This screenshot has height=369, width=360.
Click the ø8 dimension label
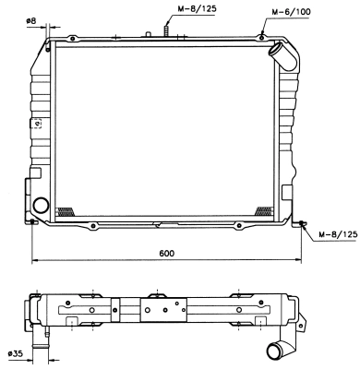point(30,20)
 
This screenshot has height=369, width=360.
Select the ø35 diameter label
point(16,353)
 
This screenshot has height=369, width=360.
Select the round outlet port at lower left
point(41,205)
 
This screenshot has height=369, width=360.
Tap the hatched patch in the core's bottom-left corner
point(65,210)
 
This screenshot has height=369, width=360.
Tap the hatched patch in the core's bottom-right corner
point(263,210)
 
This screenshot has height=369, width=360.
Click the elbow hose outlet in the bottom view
point(278,351)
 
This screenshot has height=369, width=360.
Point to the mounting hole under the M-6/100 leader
point(261,37)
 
